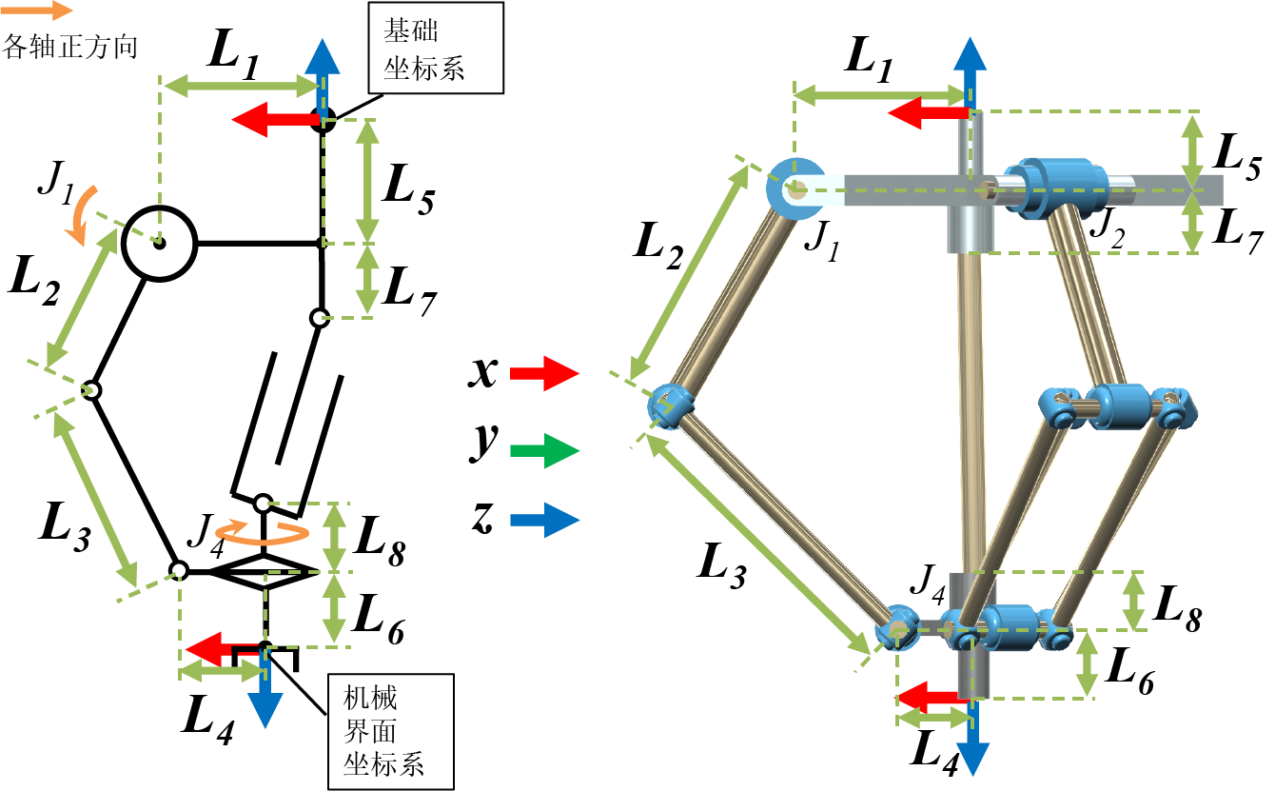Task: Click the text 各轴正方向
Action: point(71,45)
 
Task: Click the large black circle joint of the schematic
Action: point(159,243)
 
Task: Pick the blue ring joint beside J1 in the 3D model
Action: point(794,188)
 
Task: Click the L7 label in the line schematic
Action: point(407,293)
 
